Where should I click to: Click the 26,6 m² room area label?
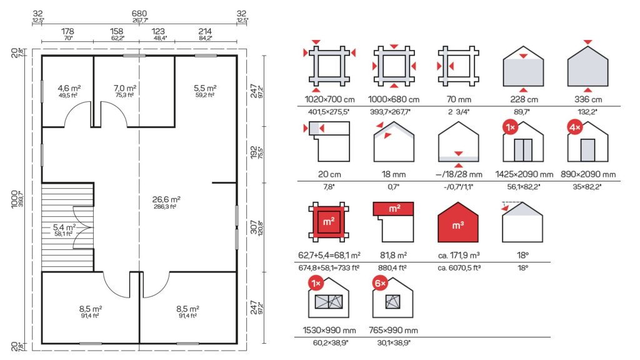[166, 199]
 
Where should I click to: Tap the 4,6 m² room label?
[69, 88]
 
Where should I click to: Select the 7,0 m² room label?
[125, 88]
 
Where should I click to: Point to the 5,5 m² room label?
[205, 88]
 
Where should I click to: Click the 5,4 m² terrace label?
[64, 227]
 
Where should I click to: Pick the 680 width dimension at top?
[139, 14]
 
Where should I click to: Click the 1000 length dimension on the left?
[15, 199]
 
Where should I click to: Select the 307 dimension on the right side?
[254, 227]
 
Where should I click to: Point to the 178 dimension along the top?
[67, 31]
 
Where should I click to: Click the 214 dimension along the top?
[205, 31]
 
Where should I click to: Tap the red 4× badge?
[575, 127]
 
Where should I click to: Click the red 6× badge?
[380, 283]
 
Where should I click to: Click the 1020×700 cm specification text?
[329, 99]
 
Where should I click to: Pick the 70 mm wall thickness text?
[459, 99]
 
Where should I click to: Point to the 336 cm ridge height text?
[587, 99]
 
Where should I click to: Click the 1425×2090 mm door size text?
[524, 174]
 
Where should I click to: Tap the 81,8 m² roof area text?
[394, 255]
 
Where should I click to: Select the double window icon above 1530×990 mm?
[329, 302]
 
